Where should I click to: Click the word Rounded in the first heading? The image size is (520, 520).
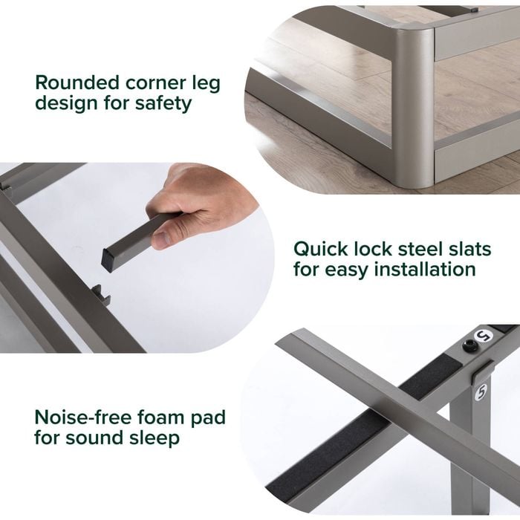click(x=77, y=82)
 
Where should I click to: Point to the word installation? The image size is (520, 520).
click(x=425, y=269)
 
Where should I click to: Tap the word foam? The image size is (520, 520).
click(x=161, y=417)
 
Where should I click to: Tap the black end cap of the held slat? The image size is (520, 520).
click(x=107, y=261)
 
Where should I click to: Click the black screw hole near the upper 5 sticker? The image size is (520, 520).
click(x=470, y=346)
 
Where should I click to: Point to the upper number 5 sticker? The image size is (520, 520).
click(x=484, y=337)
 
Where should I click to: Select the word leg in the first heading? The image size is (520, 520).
click(x=207, y=84)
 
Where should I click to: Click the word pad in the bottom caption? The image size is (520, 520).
click(x=208, y=418)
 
